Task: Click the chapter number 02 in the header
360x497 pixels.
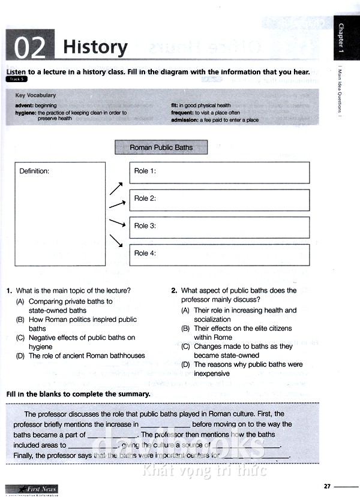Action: click(x=29, y=48)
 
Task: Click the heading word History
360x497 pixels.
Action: click(x=95, y=47)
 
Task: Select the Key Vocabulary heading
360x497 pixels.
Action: click(x=35, y=95)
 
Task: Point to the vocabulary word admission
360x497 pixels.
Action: click(x=185, y=120)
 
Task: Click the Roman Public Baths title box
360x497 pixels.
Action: click(x=161, y=147)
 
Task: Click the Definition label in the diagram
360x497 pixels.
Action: click(x=34, y=171)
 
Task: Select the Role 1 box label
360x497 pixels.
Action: click(x=145, y=171)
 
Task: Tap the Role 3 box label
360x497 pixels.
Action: click(x=145, y=226)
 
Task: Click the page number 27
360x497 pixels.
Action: click(x=327, y=486)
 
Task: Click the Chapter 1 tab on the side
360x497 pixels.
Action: click(x=341, y=37)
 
